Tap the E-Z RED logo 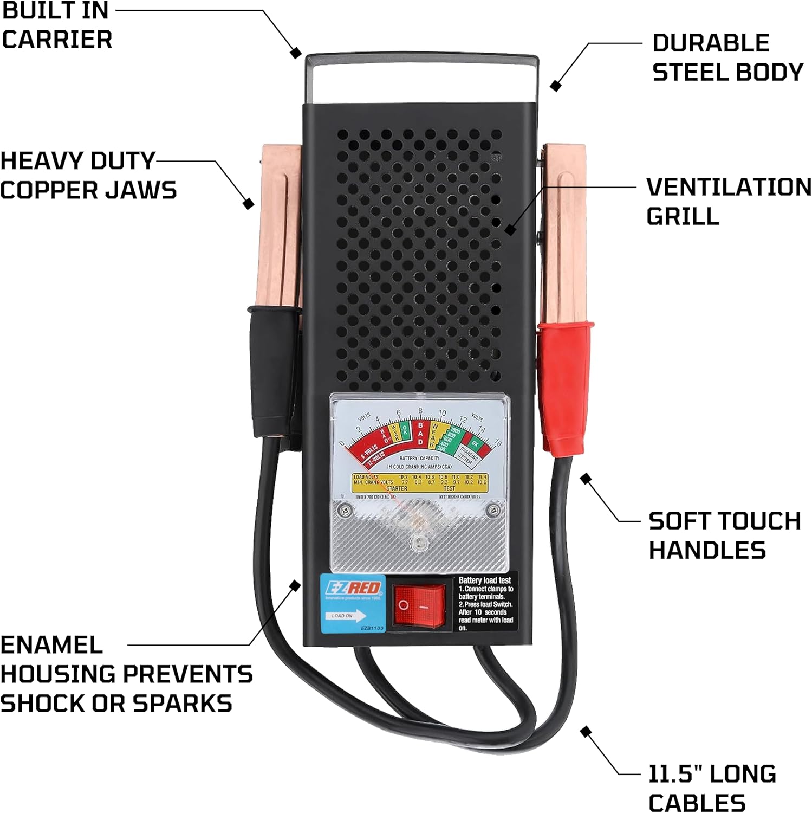353,588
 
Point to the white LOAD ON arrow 347,616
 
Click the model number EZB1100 372,628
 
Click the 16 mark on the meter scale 498,443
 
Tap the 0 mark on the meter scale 341,443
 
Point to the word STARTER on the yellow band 397,488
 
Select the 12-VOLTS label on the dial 375,460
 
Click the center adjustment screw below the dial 418,544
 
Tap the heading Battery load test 485,580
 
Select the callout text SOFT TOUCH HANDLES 724,535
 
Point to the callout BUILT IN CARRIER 56,25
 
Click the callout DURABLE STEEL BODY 727,57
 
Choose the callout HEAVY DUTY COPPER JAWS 88,176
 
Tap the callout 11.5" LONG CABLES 712,788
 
